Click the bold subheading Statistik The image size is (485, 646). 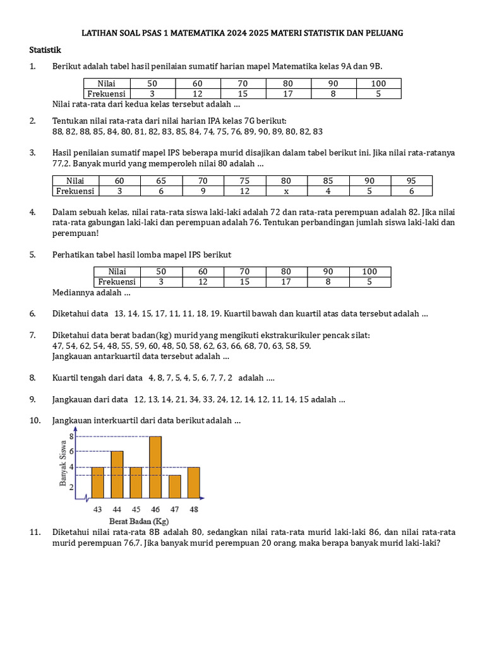45,50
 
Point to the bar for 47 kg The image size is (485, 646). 175,486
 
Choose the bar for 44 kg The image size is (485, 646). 117,474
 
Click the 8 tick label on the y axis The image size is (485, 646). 71,436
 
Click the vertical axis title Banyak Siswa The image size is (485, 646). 63,462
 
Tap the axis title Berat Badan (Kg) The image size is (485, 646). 139,521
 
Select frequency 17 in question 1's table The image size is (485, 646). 288,93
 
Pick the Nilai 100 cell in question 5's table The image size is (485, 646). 369,271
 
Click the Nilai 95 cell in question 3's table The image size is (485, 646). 411,180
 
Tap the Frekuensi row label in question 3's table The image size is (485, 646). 75,191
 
